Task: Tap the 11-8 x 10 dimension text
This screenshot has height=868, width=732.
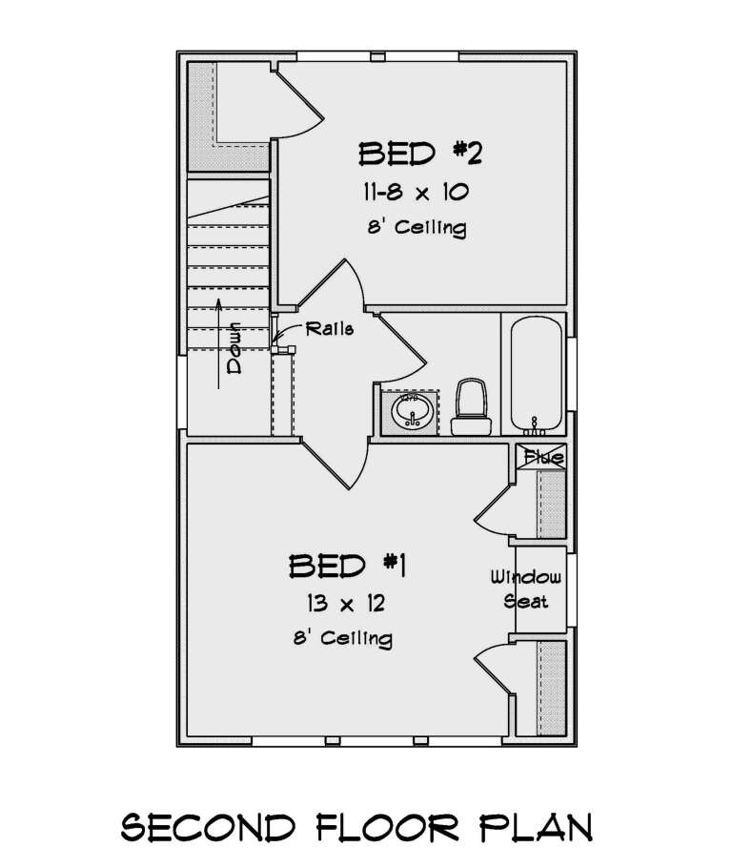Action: pyautogui.click(x=414, y=193)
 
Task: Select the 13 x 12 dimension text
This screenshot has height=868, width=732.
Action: pyautogui.click(x=345, y=604)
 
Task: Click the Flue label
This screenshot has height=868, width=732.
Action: pyautogui.click(x=542, y=458)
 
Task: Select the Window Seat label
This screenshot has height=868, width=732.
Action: pyautogui.click(x=526, y=589)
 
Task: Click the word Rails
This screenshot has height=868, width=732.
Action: pyautogui.click(x=330, y=329)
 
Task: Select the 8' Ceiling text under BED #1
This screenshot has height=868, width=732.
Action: pyautogui.click(x=343, y=637)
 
